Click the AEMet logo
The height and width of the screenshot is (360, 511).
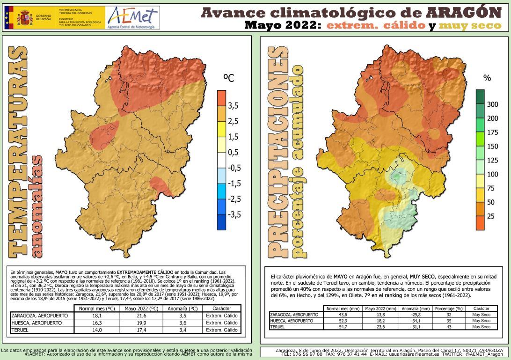(132, 18)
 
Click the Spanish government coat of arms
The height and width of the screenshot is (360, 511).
(25, 18)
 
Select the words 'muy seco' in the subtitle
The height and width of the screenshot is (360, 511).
(472, 26)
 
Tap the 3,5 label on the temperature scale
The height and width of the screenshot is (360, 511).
(233, 106)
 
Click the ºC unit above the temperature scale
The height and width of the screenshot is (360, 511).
(229, 78)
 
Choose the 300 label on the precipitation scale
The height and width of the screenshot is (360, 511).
(492, 104)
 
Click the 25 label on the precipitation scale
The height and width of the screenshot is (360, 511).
(490, 216)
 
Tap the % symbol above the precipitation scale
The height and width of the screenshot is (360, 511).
(487, 78)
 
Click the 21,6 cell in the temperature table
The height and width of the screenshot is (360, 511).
(139, 316)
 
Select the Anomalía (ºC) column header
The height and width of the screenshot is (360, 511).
(180, 309)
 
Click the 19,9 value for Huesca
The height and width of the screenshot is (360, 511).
(139, 323)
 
